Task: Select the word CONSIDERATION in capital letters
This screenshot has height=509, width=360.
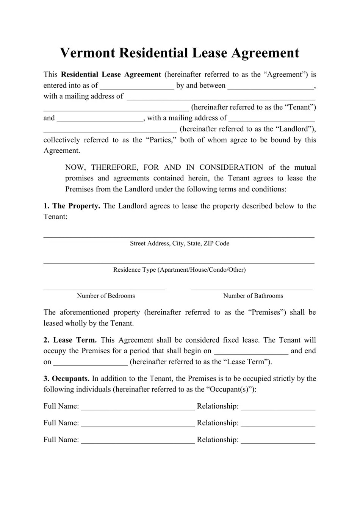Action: tap(231, 168)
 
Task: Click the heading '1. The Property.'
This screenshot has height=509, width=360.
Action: tap(72, 206)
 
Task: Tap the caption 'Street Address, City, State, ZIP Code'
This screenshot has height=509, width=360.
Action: tap(179, 243)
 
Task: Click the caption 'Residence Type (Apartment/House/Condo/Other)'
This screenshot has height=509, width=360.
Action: tap(179, 270)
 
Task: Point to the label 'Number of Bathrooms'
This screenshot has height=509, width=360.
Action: tap(253, 296)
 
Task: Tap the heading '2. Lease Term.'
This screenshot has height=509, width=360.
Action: tap(70, 340)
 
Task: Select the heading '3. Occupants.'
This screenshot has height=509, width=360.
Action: tap(66, 379)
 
